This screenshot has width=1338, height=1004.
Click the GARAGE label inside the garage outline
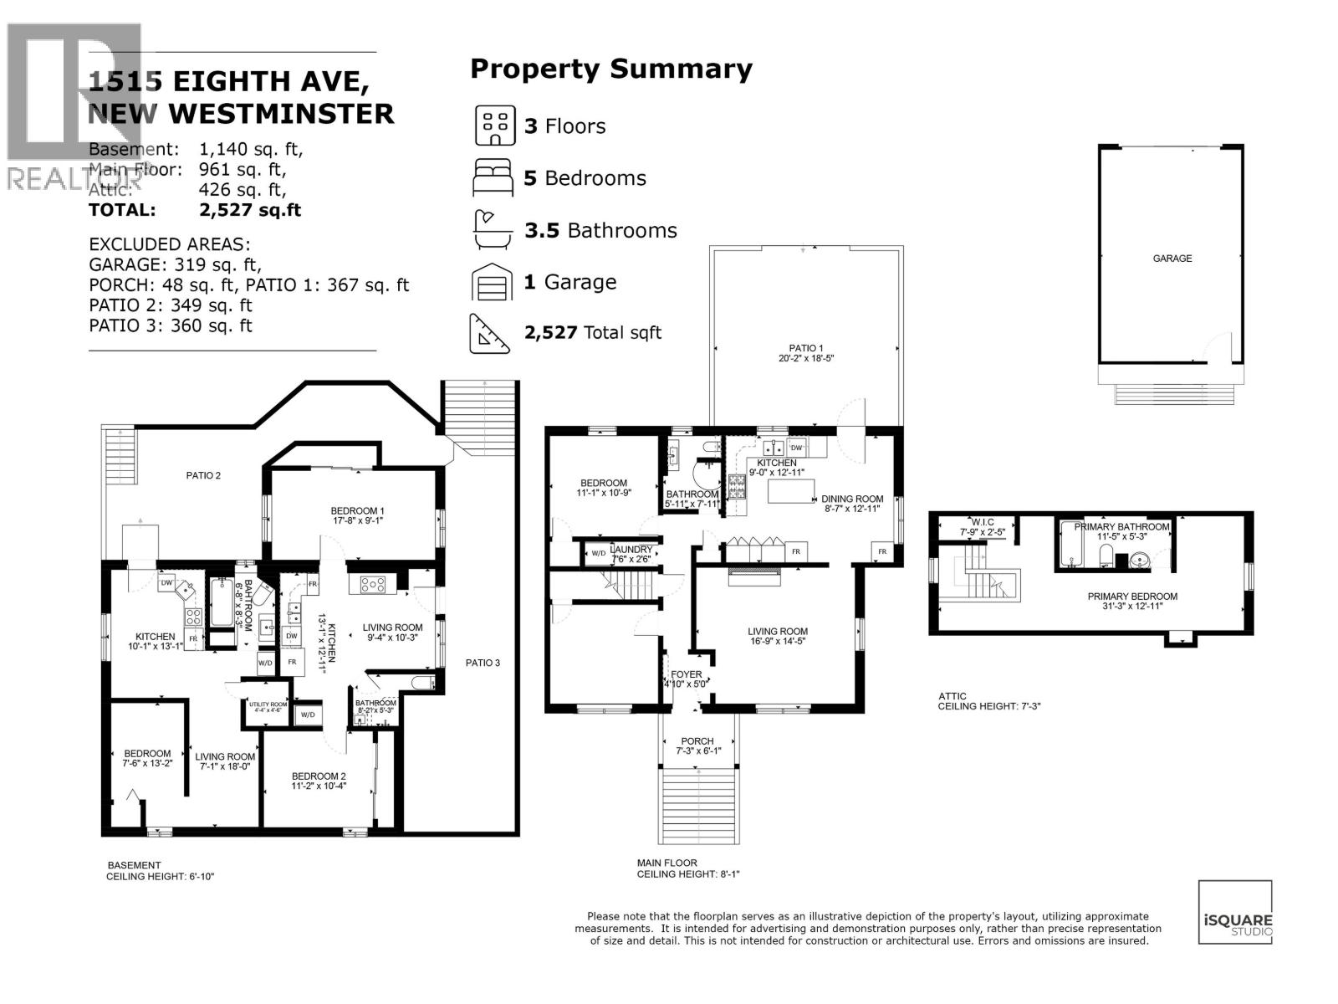click(1172, 259)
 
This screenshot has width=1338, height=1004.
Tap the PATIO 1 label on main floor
click(806, 348)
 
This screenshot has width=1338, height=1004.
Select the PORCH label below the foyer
click(697, 741)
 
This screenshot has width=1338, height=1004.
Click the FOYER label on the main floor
click(687, 674)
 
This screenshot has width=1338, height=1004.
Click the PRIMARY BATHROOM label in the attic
click(1121, 527)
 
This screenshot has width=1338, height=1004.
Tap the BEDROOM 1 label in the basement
click(357, 511)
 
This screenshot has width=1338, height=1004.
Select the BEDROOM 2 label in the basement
click(319, 776)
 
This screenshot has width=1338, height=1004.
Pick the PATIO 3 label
click(483, 663)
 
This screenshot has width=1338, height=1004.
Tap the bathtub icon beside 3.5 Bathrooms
click(491, 230)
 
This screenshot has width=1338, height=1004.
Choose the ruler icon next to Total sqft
click(491, 333)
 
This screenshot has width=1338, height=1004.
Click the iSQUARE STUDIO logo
click(1235, 912)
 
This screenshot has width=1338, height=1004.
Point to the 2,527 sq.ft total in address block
click(250, 211)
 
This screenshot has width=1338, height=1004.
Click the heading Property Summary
click(610, 69)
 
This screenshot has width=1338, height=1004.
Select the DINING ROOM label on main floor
click(852, 499)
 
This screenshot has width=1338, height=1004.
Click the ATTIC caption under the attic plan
click(952, 696)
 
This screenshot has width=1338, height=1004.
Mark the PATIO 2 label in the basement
click(203, 476)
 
